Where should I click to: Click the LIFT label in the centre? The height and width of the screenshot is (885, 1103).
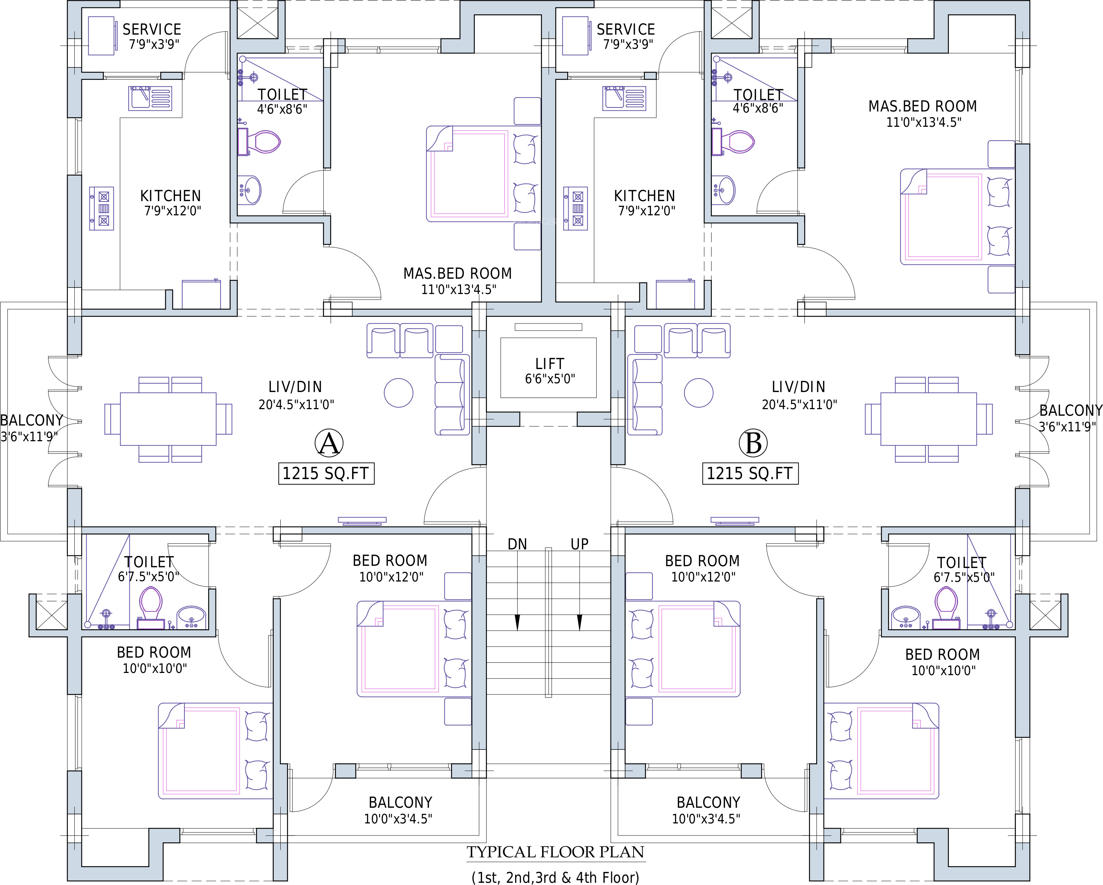point(549,364)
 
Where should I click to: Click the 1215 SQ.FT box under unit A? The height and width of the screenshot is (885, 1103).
point(326,473)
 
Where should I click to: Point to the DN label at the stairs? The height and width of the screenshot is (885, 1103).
point(517,544)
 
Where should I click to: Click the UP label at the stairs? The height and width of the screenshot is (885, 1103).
point(580,544)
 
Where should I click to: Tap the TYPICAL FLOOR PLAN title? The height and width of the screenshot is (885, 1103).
point(555,852)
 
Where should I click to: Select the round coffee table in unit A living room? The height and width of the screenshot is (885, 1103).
point(398,393)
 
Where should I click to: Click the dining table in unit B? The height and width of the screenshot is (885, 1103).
point(928,419)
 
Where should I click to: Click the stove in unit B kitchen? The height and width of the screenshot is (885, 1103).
point(576,209)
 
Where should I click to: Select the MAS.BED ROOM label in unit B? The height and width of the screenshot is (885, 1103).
point(923,106)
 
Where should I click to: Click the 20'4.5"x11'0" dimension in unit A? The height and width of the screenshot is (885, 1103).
point(296,404)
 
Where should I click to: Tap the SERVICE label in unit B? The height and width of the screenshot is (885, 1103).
point(626,29)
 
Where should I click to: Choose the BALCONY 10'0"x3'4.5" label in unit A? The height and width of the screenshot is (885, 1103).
point(400,810)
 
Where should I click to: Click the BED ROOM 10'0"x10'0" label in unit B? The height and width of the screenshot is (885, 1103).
point(943,662)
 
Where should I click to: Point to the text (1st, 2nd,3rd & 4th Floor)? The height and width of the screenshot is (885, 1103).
point(555,877)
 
